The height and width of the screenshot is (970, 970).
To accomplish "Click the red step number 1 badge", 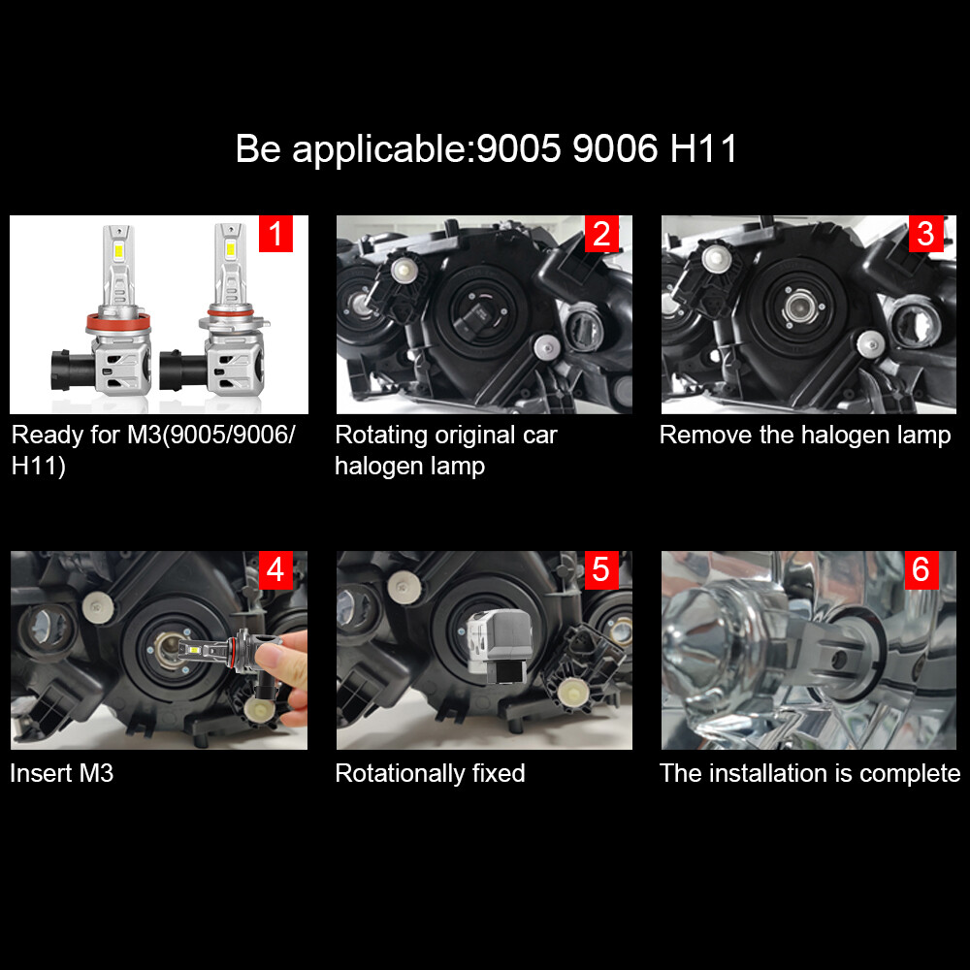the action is coord(275,233).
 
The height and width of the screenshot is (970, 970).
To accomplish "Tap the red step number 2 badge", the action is coord(601,233).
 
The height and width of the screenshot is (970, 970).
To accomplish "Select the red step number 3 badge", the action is coord(926,233).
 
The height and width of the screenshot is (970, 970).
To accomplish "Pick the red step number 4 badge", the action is coord(275,569).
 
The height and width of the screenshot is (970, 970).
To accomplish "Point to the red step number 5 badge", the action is coord(601,569).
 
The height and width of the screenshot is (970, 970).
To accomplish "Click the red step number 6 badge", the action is coord(921,569).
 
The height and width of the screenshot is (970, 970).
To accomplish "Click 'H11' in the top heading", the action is coord(704,149).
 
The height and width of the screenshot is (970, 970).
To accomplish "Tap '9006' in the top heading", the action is coord(615,149).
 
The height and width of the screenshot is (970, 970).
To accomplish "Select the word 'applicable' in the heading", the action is coord(379,149).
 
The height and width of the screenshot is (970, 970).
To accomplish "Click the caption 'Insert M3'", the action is coord(62,773).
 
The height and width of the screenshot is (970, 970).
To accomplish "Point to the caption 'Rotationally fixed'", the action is coord(430,773).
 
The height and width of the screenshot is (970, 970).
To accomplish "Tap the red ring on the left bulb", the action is coord(117,322).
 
